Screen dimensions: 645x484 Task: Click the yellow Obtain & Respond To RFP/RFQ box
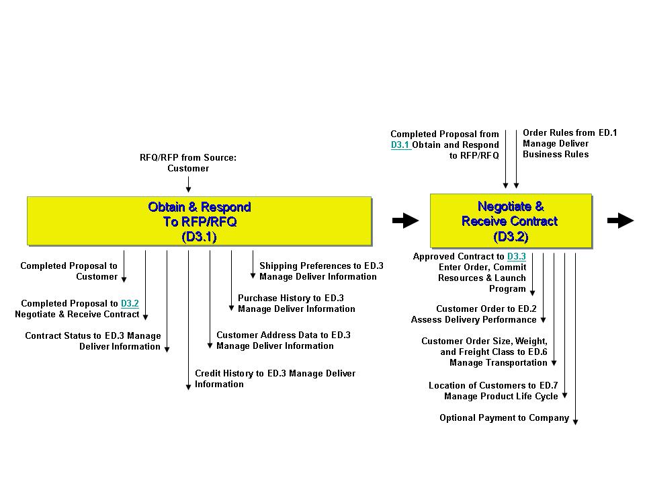coord(200,221)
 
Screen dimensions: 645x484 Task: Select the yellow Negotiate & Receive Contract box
coord(511,221)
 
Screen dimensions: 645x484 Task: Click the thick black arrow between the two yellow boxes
coord(406,220)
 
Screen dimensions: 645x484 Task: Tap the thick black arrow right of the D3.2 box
coord(620,220)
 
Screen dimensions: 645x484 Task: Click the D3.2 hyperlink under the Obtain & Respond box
coord(130,303)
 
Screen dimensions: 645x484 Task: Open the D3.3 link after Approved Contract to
coord(516,256)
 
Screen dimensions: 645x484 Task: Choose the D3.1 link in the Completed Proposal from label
coord(400,145)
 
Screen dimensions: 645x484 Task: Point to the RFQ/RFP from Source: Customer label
coord(188,163)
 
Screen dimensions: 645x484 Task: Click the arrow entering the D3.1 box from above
coord(188,184)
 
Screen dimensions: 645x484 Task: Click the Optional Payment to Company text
coord(505,418)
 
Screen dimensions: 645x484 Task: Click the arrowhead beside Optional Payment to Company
coord(576,422)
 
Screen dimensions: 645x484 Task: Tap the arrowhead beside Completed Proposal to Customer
coord(124,280)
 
